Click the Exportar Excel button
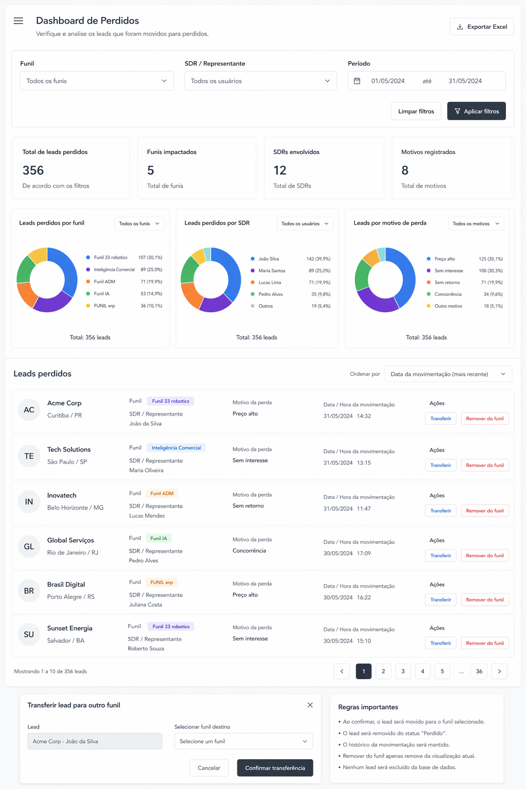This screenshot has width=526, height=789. pyautogui.click(x=482, y=27)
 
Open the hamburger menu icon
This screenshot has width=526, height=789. pyautogui.click(x=18, y=21)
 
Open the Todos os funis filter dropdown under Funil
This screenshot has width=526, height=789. pyautogui.click(x=97, y=81)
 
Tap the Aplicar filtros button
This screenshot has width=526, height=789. pyautogui.click(x=476, y=111)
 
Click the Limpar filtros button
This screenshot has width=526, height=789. pyautogui.click(x=416, y=111)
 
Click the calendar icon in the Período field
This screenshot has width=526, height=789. pyautogui.click(x=357, y=81)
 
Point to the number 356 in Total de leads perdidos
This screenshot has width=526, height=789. pyautogui.click(x=33, y=171)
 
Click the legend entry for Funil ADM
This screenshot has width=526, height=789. pyautogui.click(x=104, y=281)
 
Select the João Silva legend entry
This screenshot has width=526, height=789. pyautogui.click(x=269, y=259)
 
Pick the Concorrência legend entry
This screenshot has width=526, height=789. pyautogui.click(x=448, y=294)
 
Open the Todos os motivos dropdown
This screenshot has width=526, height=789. pyautogui.click(x=476, y=223)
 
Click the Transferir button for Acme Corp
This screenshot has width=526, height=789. pyautogui.click(x=441, y=419)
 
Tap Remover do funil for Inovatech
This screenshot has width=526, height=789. pyautogui.click(x=485, y=511)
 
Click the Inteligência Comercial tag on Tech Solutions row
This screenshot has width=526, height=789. pyautogui.click(x=176, y=448)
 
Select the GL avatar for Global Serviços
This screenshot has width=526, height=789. pyautogui.click(x=29, y=547)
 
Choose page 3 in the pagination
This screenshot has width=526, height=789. pyautogui.click(x=403, y=671)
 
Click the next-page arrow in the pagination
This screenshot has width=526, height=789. pyautogui.click(x=499, y=671)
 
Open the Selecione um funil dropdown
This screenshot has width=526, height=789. pyautogui.click(x=243, y=741)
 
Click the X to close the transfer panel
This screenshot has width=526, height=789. pyautogui.click(x=310, y=705)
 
